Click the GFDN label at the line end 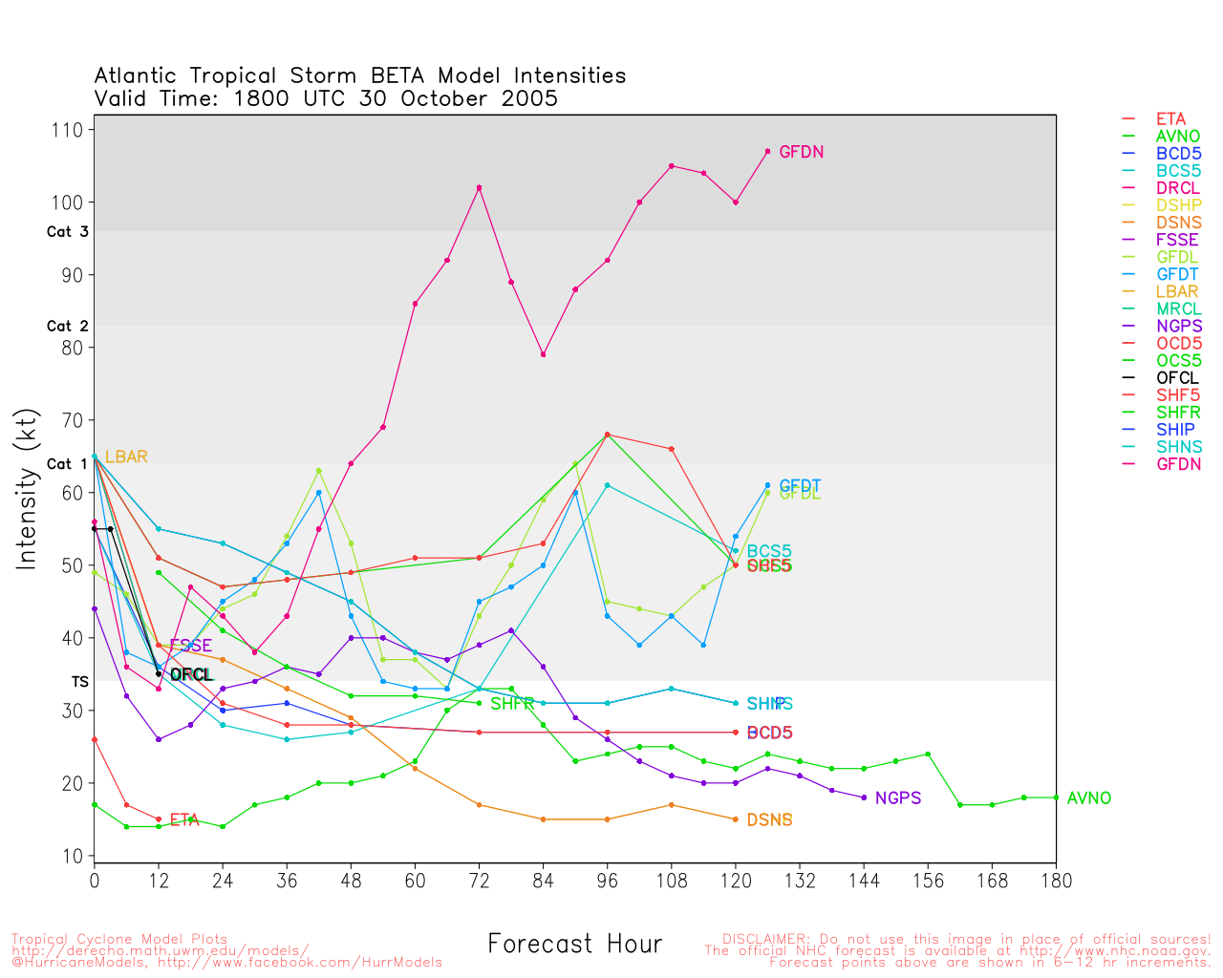[801, 152]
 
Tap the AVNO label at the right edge [1088, 798]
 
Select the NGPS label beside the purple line [897, 798]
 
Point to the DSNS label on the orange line [769, 820]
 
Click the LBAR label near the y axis [126, 457]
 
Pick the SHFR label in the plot [512, 705]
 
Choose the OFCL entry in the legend [1177, 378]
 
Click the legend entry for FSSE [1177, 240]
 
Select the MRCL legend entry [1178, 309]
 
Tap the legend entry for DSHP [1178, 205]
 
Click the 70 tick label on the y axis [73, 420]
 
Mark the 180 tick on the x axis [1056, 880]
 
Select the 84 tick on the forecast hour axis [543, 880]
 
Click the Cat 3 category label [67, 232]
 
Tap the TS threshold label [79, 682]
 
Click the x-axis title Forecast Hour [574, 945]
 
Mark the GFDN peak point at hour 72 [479, 187]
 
